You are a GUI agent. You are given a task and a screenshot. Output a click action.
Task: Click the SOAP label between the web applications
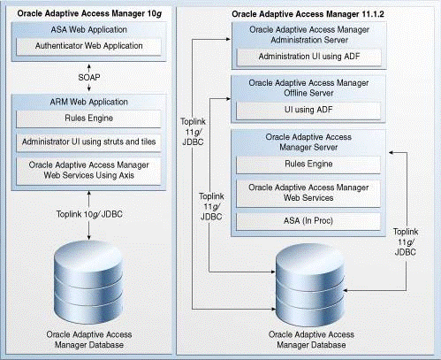click(89, 78)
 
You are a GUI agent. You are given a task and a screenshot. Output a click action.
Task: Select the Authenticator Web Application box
click(88, 46)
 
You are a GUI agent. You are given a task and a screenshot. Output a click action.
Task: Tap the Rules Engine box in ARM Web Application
click(88, 119)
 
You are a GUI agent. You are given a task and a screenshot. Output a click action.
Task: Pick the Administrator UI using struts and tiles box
click(88, 142)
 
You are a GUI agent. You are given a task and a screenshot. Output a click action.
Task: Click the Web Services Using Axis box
click(88, 171)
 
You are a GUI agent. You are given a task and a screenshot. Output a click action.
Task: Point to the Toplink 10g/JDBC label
click(89, 214)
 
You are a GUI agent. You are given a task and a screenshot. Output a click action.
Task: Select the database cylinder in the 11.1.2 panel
click(310, 285)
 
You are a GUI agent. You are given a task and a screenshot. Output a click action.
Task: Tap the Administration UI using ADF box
click(309, 57)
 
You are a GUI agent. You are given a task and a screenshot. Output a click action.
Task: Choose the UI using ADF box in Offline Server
click(308, 111)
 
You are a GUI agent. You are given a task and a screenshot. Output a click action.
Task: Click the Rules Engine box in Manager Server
click(308, 165)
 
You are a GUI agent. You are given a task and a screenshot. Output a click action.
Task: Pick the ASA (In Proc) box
click(308, 221)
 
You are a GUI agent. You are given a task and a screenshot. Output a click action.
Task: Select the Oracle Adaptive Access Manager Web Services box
click(308, 194)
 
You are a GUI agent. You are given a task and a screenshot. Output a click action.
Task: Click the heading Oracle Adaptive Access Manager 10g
click(89, 14)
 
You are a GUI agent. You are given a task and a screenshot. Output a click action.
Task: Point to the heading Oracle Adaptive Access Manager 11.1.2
click(308, 14)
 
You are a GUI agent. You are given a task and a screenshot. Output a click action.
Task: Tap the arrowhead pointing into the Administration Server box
click(228, 39)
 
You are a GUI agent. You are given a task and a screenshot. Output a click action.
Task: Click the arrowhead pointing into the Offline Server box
click(228, 99)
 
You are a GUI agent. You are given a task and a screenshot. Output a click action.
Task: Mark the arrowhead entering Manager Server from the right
click(391, 153)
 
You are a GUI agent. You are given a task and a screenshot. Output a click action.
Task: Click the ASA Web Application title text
click(88, 30)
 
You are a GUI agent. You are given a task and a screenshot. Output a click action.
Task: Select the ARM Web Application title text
click(88, 102)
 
